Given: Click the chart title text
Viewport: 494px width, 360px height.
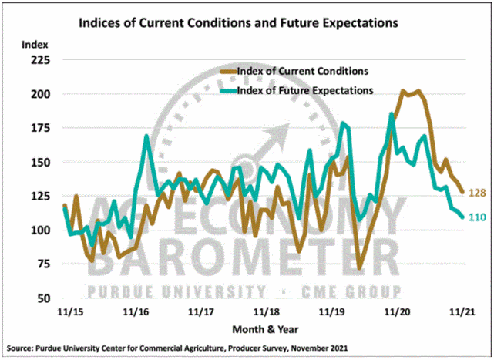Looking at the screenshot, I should [239, 23].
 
